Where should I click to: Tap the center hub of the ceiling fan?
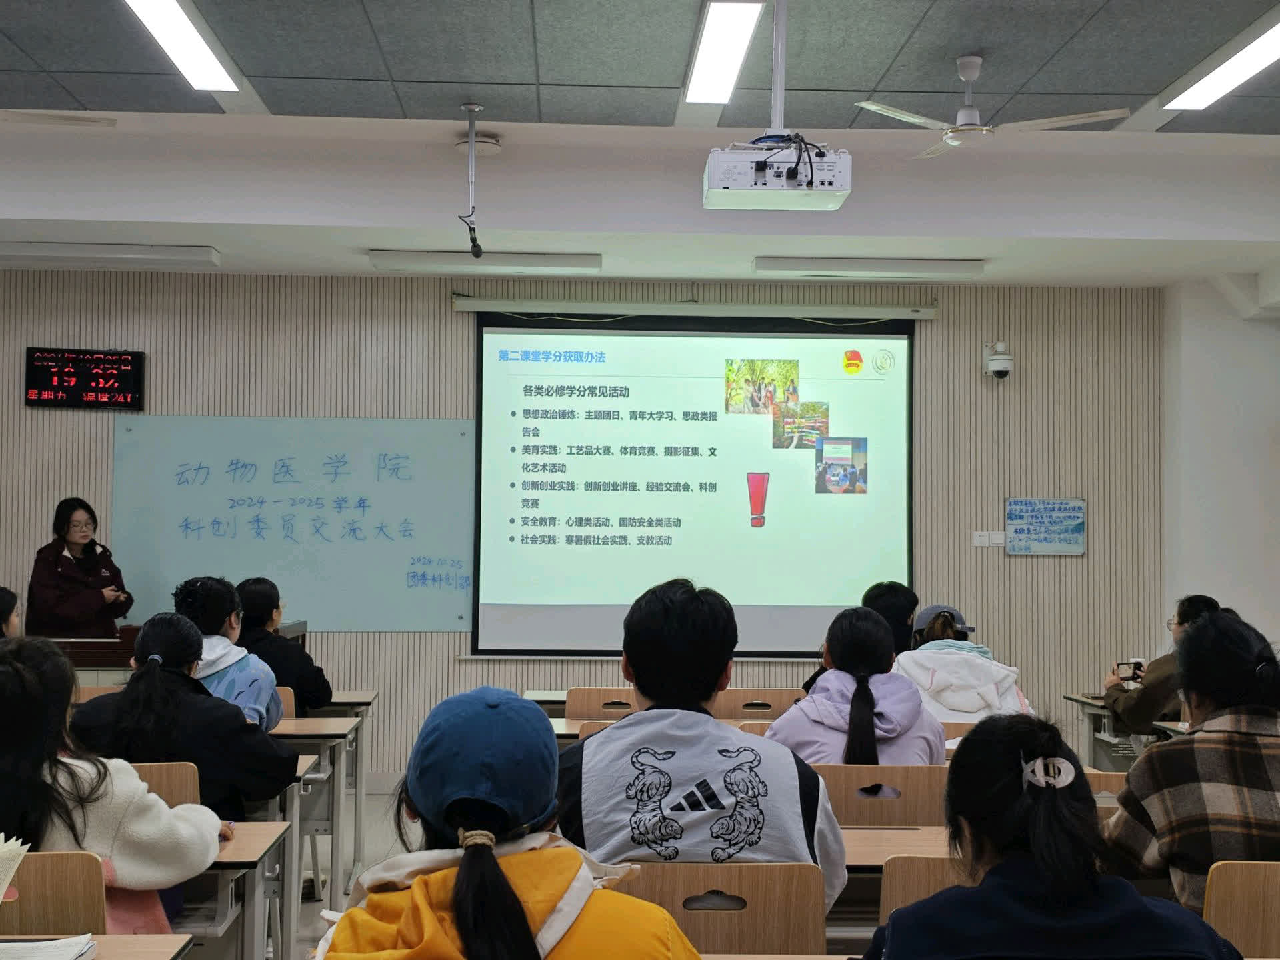pos(968,117)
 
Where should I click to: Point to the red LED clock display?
pos(85,379)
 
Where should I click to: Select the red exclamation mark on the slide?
pos(757,499)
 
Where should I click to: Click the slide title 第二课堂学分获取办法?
pos(551,357)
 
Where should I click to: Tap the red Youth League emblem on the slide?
pos(853,361)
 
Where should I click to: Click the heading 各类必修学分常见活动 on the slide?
pos(575,391)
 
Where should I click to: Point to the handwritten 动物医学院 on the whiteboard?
pos(293,469)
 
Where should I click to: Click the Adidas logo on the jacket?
pos(696,800)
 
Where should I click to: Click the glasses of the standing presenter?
pos(81,526)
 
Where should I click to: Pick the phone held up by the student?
pos(1129,670)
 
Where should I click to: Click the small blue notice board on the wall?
pos(1045,526)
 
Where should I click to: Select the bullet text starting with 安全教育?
pos(600,522)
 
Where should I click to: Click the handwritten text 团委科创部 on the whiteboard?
pos(438,579)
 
